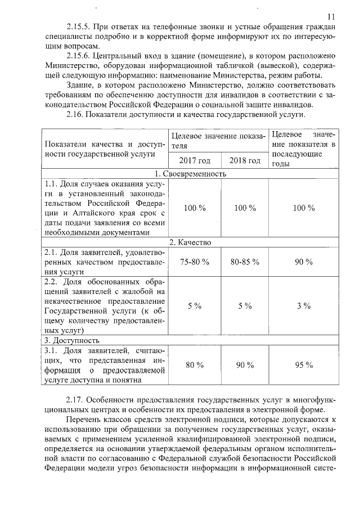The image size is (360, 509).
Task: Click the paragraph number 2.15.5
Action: (x=78, y=27)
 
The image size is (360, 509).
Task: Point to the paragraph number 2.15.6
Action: (x=78, y=56)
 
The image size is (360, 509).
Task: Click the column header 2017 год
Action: (x=195, y=160)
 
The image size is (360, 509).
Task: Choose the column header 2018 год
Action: (x=245, y=160)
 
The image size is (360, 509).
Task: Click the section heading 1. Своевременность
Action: (x=191, y=174)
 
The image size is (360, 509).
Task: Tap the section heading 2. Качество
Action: (x=190, y=242)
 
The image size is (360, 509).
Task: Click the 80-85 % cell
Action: (x=245, y=262)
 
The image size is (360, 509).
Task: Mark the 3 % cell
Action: (x=304, y=305)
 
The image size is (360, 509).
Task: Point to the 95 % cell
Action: (x=304, y=365)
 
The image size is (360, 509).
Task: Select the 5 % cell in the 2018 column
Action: (x=245, y=305)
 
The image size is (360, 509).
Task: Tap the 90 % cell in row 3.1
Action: (x=245, y=365)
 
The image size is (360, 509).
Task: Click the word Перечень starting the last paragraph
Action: (x=84, y=420)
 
